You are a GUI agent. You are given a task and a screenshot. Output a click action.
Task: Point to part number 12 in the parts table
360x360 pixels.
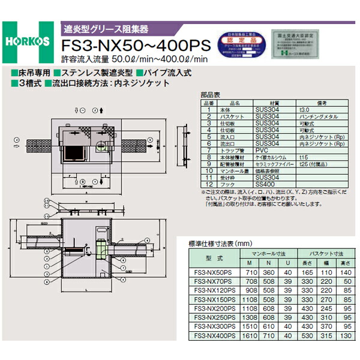coord(209,184)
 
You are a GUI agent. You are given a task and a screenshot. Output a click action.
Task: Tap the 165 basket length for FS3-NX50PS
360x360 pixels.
coord(308,272)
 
